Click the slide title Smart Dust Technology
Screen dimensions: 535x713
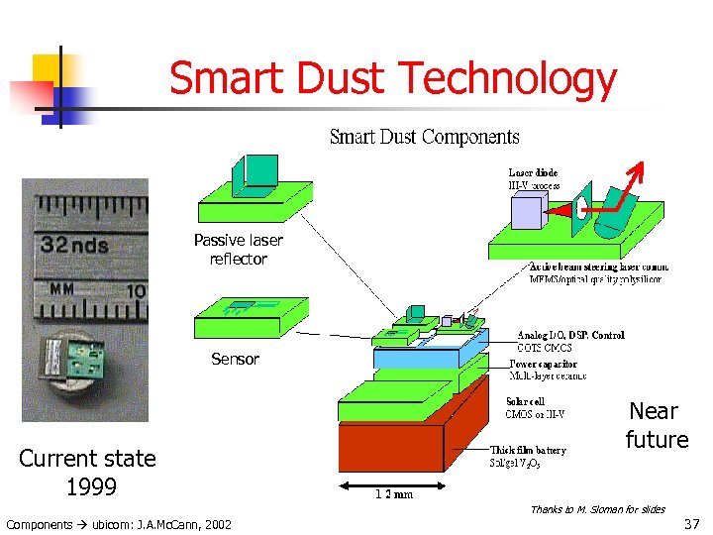tap(392, 77)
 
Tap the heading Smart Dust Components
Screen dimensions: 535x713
tap(424, 137)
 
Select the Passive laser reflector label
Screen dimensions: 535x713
tap(238, 250)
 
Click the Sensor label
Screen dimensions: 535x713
tap(235, 359)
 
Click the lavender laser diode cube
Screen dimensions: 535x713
tap(528, 211)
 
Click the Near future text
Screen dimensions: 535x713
tap(656, 425)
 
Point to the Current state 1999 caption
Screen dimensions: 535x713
tap(87, 473)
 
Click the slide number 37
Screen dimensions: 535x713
tap(691, 522)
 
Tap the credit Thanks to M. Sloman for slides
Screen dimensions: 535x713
tap(597, 509)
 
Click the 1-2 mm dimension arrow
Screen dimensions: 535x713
tap(377, 485)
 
